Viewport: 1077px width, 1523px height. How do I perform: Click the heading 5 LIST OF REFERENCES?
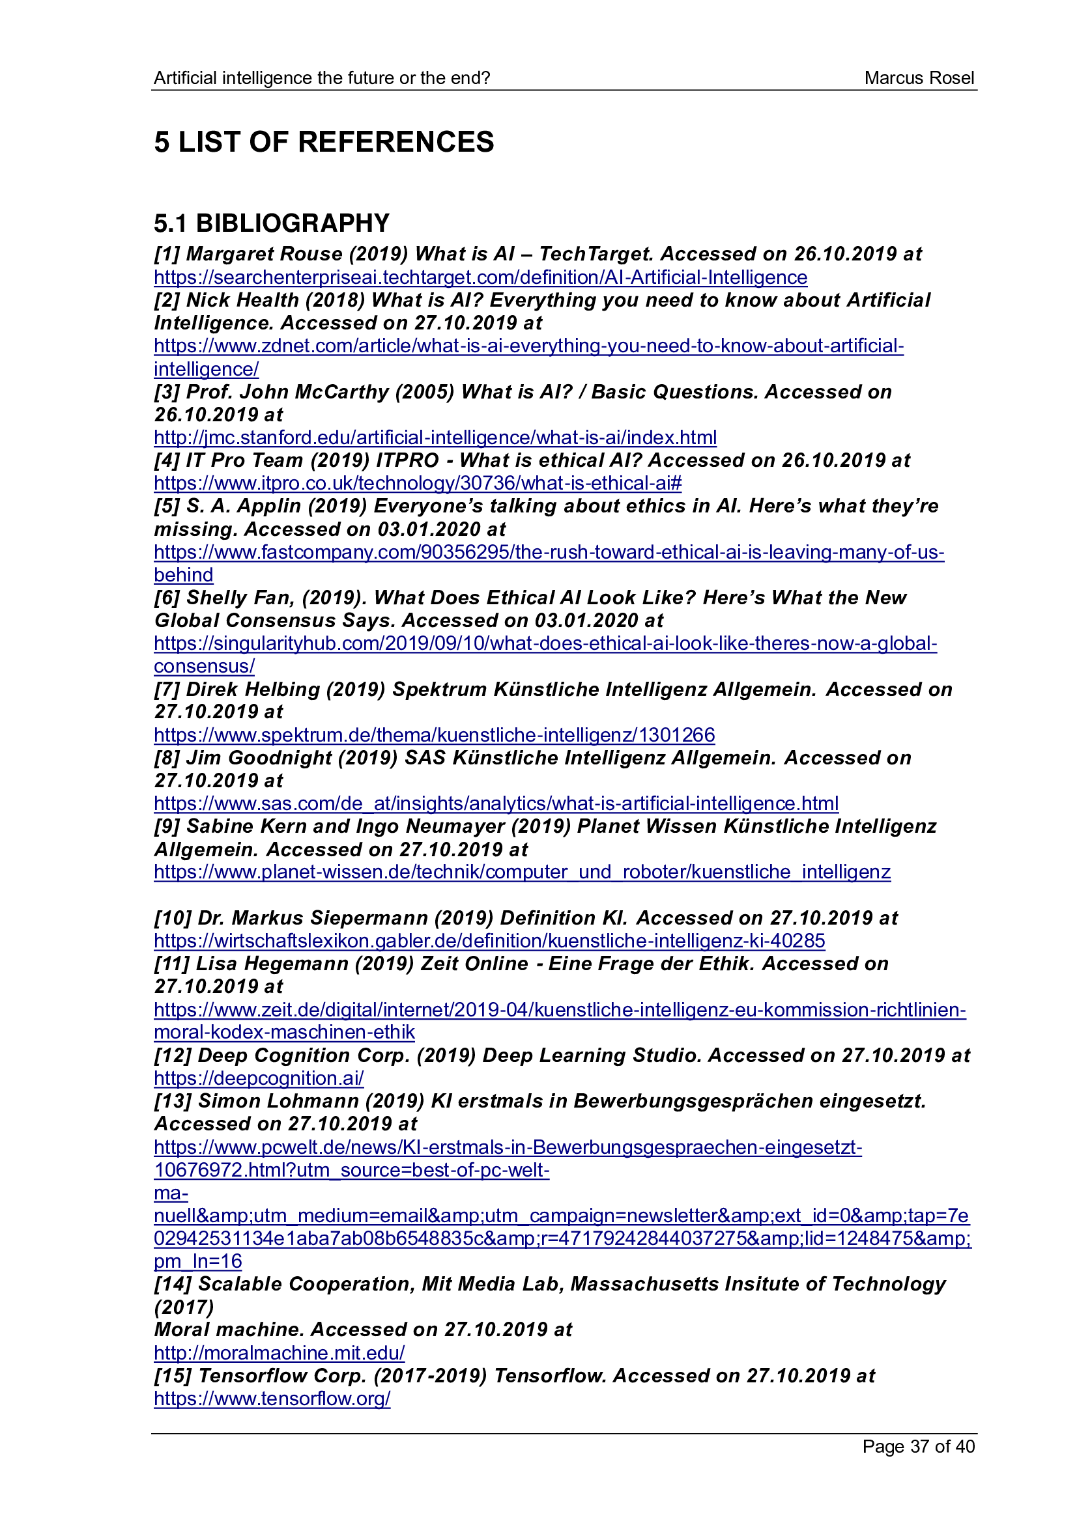pyautogui.click(x=324, y=142)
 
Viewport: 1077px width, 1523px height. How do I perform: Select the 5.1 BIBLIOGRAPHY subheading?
pyautogui.click(x=272, y=223)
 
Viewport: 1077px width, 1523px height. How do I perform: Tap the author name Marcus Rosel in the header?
pyautogui.click(x=919, y=78)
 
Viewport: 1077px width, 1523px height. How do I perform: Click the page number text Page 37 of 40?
pyautogui.click(x=918, y=1446)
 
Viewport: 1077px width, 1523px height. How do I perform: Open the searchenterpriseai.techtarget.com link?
pyautogui.click(x=480, y=277)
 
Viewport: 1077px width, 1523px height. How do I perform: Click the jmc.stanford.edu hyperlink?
pyautogui.click(x=435, y=438)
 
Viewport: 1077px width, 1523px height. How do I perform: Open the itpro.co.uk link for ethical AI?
pyautogui.click(x=418, y=483)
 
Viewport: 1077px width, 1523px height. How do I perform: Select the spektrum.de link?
pyautogui.click(x=434, y=735)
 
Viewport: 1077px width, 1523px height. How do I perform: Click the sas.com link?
pyautogui.click(x=496, y=803)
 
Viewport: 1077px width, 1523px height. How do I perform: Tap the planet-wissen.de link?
pyautogui.click(x=522, y=872)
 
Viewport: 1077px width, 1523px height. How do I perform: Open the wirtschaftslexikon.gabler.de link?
pyautogui.click(x=489, y=941)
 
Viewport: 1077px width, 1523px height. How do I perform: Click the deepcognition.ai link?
pyautogui.click(x=259, y=1078)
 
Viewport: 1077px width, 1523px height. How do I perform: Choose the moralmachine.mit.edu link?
pyautogui.click(x=279, y=1352)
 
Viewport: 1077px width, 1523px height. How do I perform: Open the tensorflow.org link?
pyautogui.click(x=272, y=1398)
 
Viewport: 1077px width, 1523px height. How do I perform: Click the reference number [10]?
pyautogui.click(x=173, y=918)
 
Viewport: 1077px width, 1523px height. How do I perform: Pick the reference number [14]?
pyautogui.click(x=173, y=1284)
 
